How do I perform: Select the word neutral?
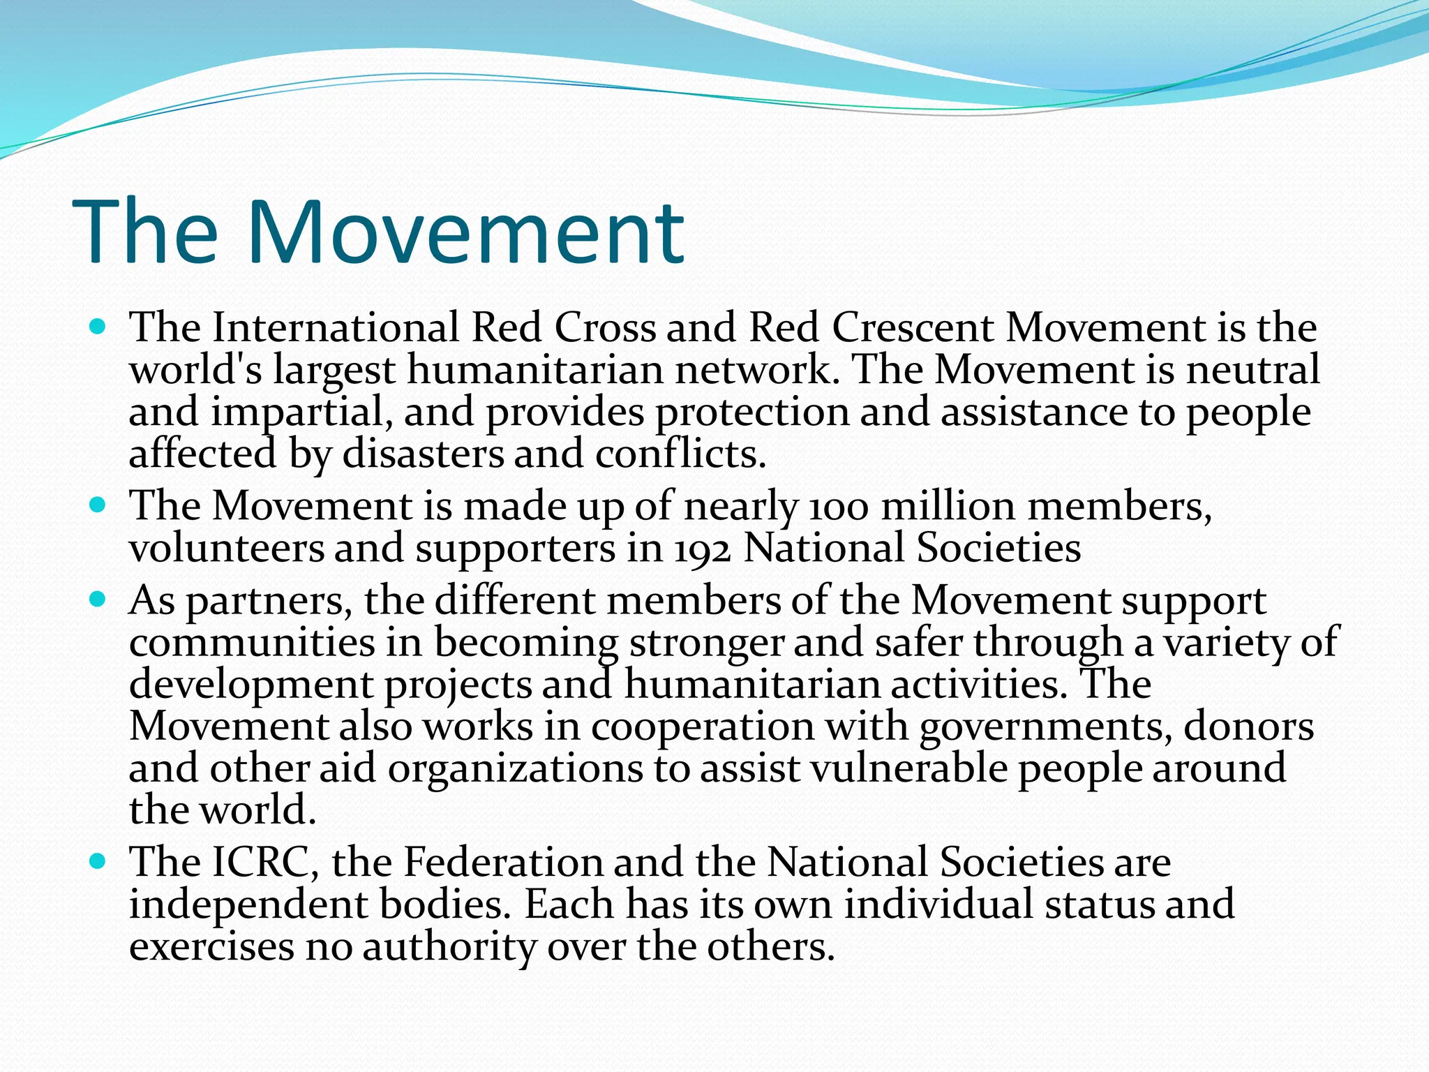[1252, 369]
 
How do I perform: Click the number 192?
[703, 549]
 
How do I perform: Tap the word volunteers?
[227, 549]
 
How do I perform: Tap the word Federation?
[503, 862]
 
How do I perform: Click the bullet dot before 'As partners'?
[98, 598]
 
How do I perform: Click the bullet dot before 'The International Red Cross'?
[98, 325]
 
